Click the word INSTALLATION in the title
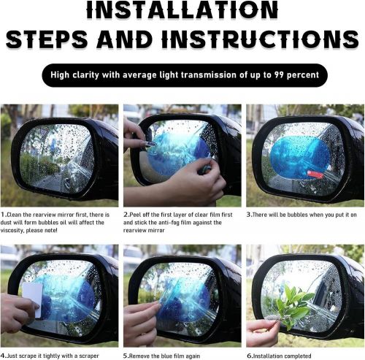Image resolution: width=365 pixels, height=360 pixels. pyautogui.click(x=182, y=10)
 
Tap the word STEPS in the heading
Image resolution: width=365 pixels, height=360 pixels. pyautogui.click(x=47, y=39)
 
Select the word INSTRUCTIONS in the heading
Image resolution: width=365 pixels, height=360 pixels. pyautogui.click(x=261, y=39)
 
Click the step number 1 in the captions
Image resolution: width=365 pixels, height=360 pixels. pyautogui.click(x=3, y=215)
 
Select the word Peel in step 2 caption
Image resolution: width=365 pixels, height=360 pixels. pyautogui.click(x=135, y=215)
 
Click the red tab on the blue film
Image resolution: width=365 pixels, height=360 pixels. pyautogui.click(x=315, y=174)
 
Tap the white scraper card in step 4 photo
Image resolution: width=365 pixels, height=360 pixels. pyautogui.click(x=33, y=299)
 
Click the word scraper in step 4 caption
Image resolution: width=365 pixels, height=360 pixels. pyautogui.click(x=89, y=356)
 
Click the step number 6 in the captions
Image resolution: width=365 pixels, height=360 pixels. pyautogui.click(x=249, y=356)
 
